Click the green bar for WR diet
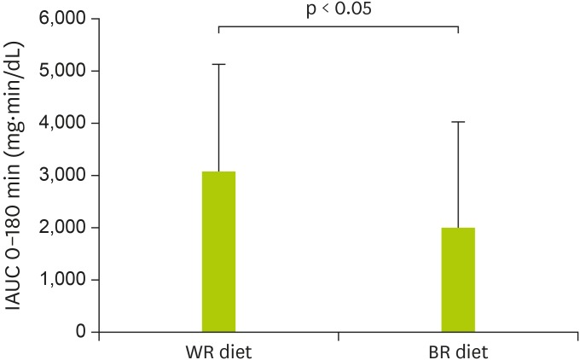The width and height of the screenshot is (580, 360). pos(218,252)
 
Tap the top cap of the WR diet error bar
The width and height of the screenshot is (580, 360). pos(218,64)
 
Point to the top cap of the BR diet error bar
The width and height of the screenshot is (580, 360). pos(458,122)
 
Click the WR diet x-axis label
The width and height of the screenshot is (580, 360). pos(218,351)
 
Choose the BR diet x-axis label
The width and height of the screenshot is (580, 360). pos(458,351)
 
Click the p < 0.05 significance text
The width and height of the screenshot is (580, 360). pos(339,10)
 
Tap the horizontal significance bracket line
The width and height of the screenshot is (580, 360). pos(339,26)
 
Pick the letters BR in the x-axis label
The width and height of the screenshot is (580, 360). pos(442,351)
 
